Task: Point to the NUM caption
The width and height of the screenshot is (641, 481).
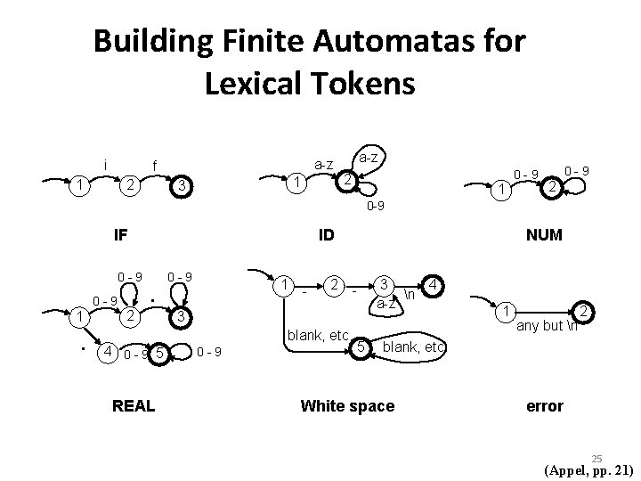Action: tap(543, 237)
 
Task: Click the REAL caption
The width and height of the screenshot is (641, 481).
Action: tap(134, 406)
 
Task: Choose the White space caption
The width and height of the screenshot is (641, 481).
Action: tap(347, 406)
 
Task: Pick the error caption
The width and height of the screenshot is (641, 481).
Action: tap(544, 406)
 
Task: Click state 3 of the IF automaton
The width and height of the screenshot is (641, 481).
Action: tap(181, 186)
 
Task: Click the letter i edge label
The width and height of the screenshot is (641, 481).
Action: tap(106, 164)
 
